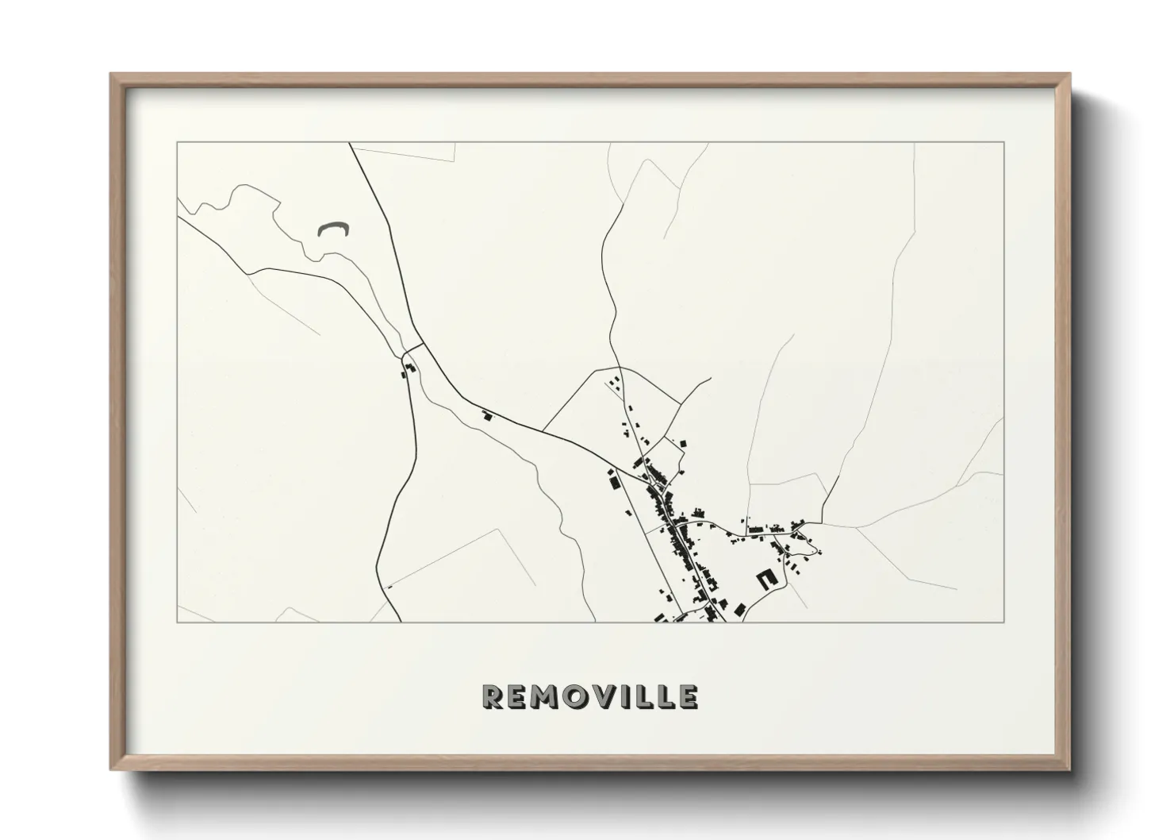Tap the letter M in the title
point(549,697)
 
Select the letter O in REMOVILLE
point(581,697)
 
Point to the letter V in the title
point(611,697)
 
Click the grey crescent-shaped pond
point(333,229)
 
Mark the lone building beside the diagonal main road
point(487,415)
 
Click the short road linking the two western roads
point(411,349)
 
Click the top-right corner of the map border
point(1003,143)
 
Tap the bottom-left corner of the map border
point(178,622)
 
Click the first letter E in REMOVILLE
point(518,697)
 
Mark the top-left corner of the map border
point(178,143)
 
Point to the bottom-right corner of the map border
point(1003,622)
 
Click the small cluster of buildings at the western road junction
point(409,369)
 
